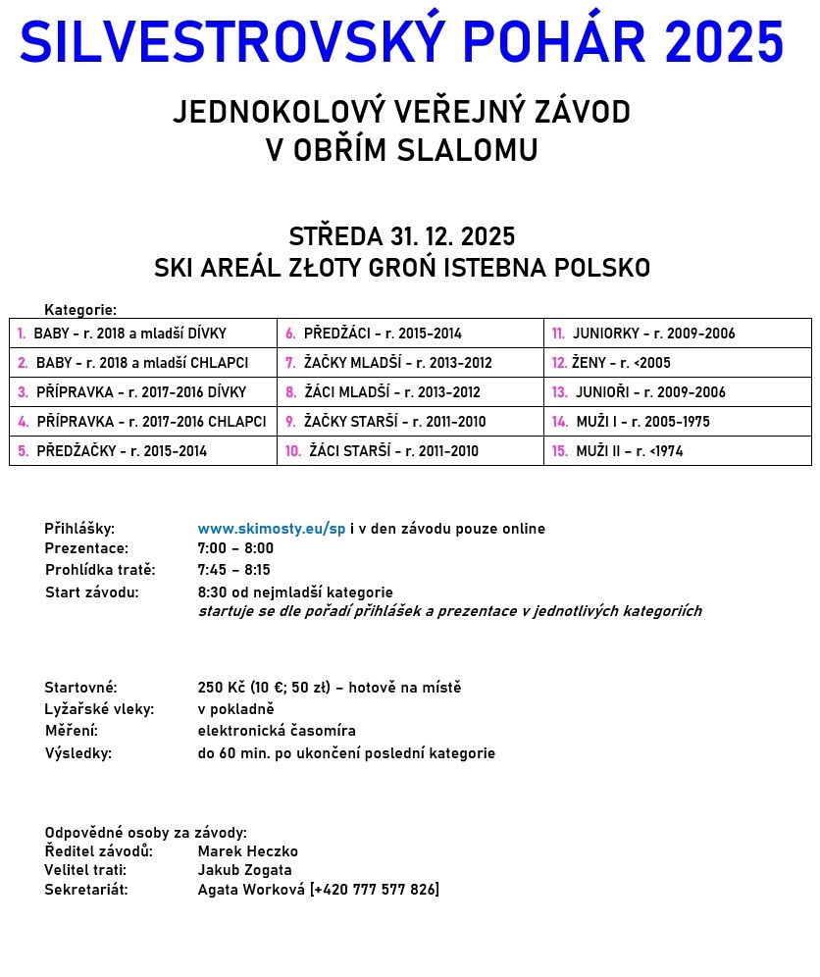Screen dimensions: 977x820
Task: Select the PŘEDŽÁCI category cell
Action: [x=410, y=334]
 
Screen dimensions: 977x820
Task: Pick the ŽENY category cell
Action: [x=677, y=363]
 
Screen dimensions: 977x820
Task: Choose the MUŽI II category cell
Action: [x=677, y=451]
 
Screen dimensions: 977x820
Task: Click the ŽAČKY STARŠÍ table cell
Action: [x=410, y=422]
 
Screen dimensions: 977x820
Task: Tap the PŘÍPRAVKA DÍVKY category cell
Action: [x=143, y=392]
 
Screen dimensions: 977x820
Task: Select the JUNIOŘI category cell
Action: [x=677, y=392]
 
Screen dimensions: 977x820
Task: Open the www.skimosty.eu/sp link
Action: [x=272, y=529]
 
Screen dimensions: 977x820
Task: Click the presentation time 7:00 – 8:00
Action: [x=235, y=548]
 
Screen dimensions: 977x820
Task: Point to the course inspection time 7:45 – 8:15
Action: [x=234, y=570]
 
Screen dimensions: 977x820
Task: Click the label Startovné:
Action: [x=80, y=688]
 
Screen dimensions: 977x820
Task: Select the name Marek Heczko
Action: [x=247, y=851]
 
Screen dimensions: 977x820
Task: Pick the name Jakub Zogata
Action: [x=244, y=870]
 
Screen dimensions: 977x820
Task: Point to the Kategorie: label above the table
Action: [x=80, y=310]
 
